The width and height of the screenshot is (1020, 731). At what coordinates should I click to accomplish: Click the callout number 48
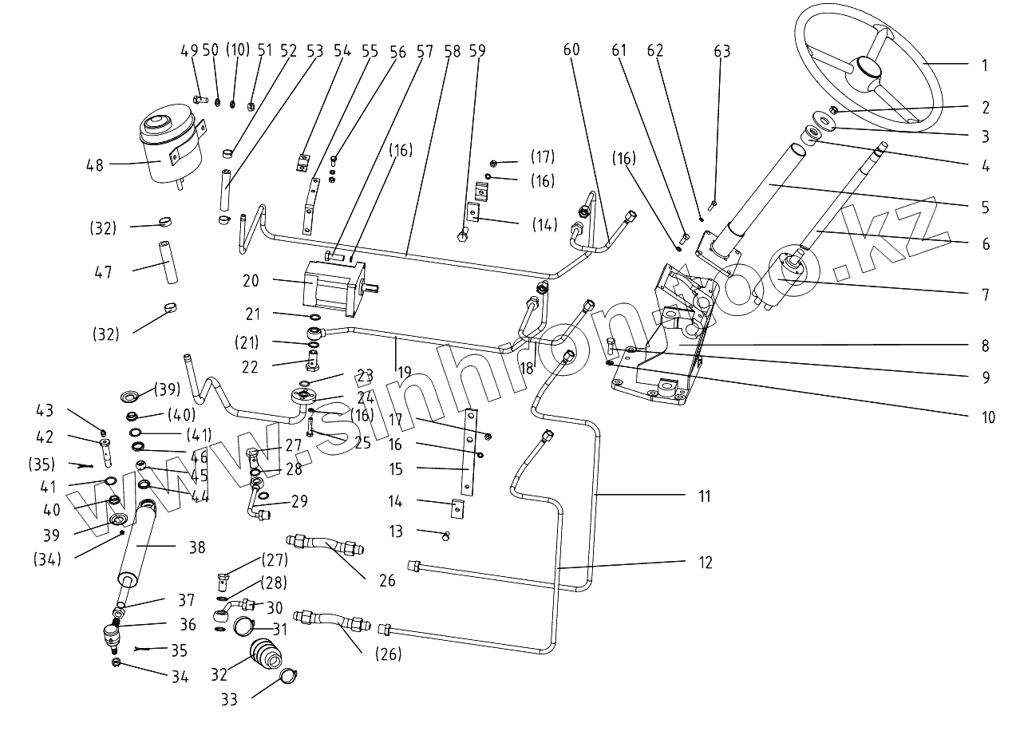coord(93,165)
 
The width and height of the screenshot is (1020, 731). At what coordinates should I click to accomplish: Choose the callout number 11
coord(703,496)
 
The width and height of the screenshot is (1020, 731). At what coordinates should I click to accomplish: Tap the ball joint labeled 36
coord(112,636)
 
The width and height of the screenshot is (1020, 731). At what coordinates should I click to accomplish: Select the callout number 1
coord(984,65)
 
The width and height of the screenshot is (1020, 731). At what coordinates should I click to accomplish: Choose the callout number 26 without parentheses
coord(387,580)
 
